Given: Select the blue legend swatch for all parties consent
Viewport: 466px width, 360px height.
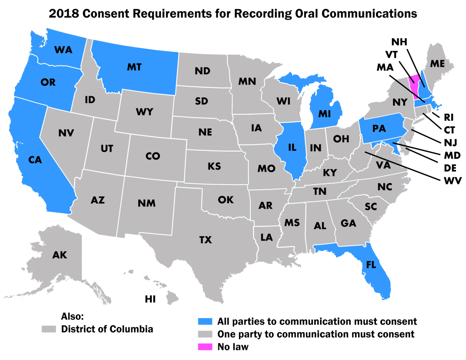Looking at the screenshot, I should [x=205, y=321].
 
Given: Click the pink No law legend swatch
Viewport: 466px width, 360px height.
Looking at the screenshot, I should [x=205, y=346].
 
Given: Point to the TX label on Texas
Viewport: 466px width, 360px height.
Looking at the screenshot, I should [x=205, y=241].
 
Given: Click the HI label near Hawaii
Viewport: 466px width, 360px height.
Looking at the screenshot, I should [x=150, y=299].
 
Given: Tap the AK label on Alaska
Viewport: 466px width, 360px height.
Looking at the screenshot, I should [x=60, y=255].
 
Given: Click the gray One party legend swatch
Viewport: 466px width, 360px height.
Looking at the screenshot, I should [x=205, y=334].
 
